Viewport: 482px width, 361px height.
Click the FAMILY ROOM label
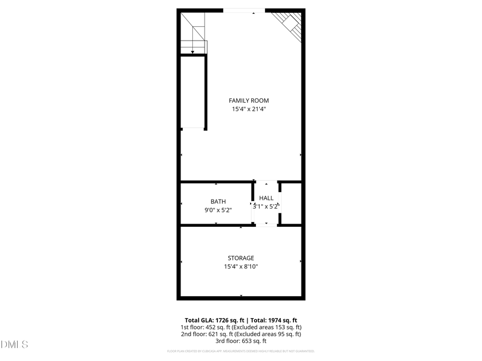248,101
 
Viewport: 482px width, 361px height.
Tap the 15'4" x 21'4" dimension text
248,109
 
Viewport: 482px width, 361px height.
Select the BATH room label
218,202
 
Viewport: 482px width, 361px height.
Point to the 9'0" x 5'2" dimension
218,210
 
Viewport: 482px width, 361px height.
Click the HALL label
266,198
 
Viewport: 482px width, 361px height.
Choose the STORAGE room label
241,258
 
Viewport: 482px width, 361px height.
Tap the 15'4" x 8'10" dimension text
241,266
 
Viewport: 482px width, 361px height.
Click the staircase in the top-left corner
193,33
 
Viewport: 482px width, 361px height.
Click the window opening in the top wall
244,10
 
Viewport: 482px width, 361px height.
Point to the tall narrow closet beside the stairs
193,91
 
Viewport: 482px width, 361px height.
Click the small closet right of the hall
290,203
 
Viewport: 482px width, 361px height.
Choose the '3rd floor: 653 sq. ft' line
241,341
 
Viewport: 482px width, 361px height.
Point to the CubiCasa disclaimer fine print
241,351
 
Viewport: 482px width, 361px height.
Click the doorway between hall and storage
266,225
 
